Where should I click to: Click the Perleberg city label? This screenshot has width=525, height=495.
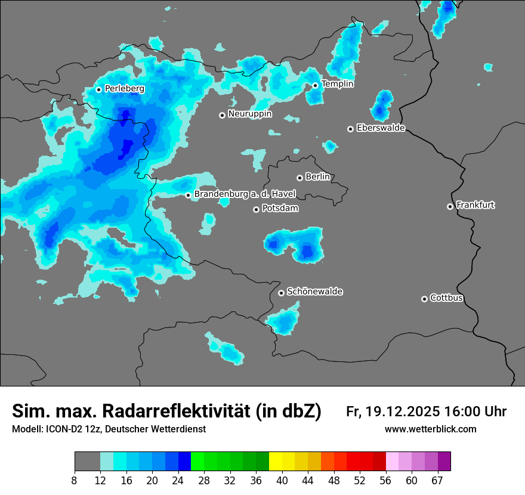pos(125,89)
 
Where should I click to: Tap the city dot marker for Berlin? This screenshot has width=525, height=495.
pos(299,178)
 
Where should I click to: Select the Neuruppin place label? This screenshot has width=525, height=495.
pos(250,114)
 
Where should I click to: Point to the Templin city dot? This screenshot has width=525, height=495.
pos(316,85)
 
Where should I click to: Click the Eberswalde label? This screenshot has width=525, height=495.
pos(381,128)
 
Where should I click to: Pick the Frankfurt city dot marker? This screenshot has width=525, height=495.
pos(450,206)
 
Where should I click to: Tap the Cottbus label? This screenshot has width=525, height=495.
pos(446,298)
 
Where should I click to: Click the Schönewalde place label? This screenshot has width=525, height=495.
pos(314,292)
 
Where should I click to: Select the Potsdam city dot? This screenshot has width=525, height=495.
pos(256,209)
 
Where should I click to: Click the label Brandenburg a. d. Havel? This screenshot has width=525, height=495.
pos(245,194)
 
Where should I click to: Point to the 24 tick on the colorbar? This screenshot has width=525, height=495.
pos(178,481)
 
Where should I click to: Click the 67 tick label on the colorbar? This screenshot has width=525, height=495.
pos(437,481)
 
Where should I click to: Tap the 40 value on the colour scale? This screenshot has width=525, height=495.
pos(282,481)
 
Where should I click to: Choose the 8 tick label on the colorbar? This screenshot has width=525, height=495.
pos(75,481)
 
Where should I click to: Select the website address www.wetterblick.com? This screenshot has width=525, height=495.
pos(430,429)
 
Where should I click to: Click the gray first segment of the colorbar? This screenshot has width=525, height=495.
pos(87,462)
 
